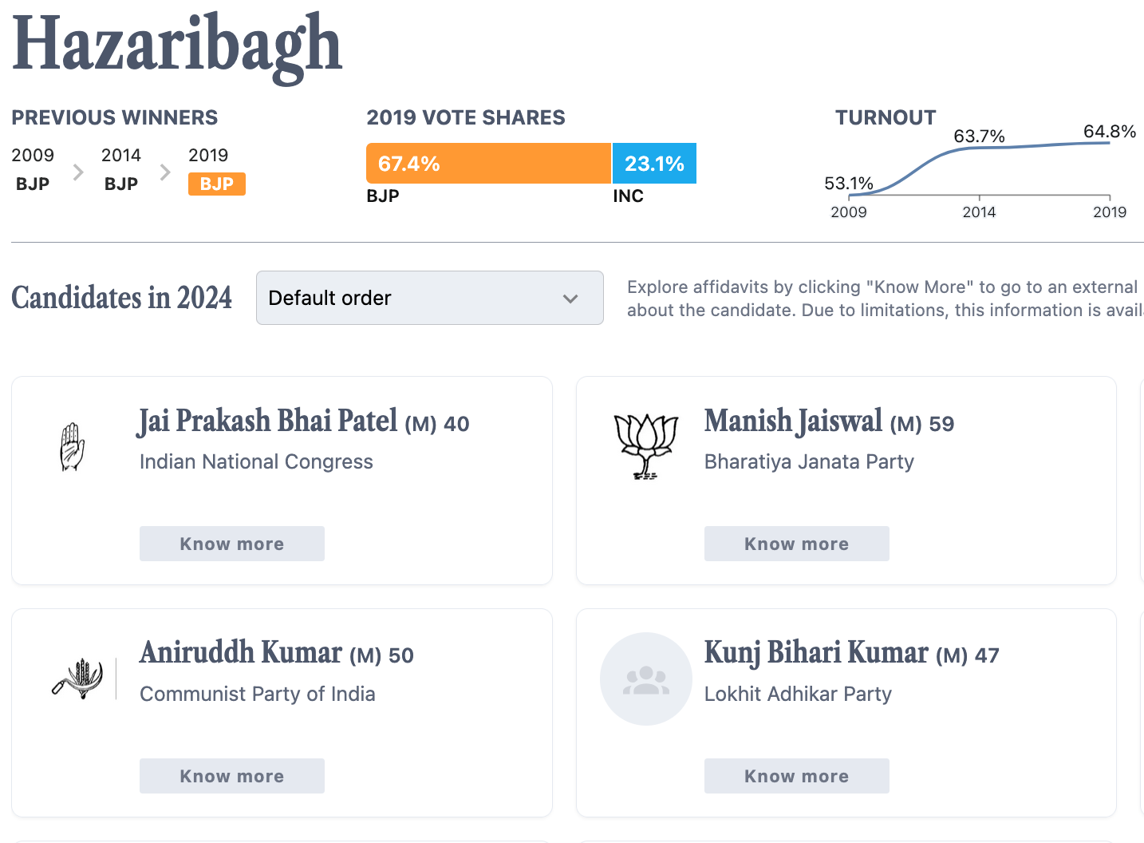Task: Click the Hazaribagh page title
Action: click(x=177, y=45)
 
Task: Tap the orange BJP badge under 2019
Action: click(x=216, y=184)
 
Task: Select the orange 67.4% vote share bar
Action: click(x=488, y=164)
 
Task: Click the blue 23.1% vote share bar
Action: click(x=654, y=164)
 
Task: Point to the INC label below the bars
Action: click(x=628, y=196)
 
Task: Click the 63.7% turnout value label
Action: click(x=979, y=137)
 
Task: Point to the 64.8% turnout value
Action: click(x=1109, y=132)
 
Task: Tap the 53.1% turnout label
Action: click(x=848, y=184)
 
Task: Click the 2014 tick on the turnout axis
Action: click(x=979, y=212)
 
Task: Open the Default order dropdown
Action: click(x=429, y=298)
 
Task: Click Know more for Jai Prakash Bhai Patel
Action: click(x=231, y=544)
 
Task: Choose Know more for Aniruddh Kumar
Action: click(x=231, y=776)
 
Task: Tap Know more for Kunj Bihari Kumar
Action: click(x=796, y=776)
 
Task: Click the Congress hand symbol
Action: click(x=73, y=446)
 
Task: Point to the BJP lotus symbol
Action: click(x=645, y=446)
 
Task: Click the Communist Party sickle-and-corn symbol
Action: click(x=78, y=679)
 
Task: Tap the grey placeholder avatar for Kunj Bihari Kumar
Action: click(x=645, y=679)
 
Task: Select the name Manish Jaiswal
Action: click(x=793, y=421)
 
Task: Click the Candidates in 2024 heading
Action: click(x=121, y=298)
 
